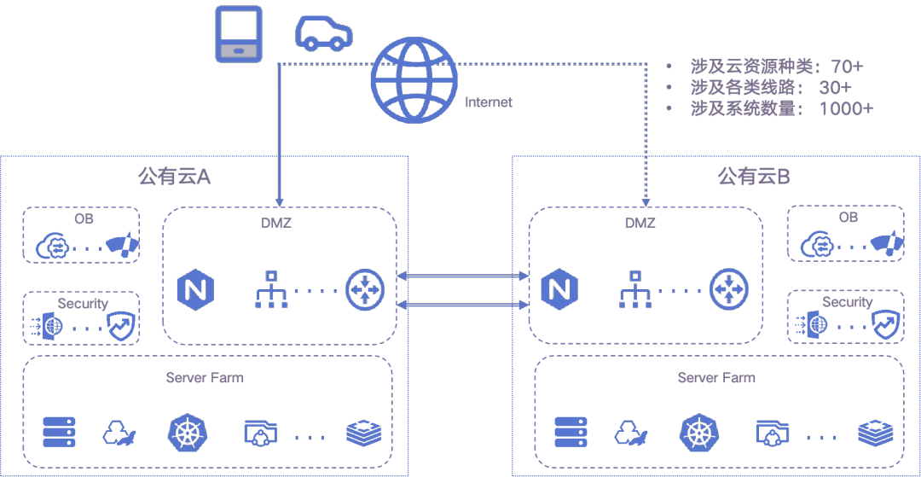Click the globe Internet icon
(x=414, y=79)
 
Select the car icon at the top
(x=323, y=32)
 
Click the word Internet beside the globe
(x=489, y=102)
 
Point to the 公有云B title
(x=754, y=177)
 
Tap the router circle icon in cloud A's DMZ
(x=365, y=289)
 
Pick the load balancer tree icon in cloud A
(x=272, y=289)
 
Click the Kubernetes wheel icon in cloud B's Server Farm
(x=698, y=433)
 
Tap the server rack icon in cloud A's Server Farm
(x=60, y=433)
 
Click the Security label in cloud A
(x=83, y=304)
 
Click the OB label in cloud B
(x=848, y=218)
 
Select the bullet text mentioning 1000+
(x=781, y=109)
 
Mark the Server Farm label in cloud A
(x=205, y=377)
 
